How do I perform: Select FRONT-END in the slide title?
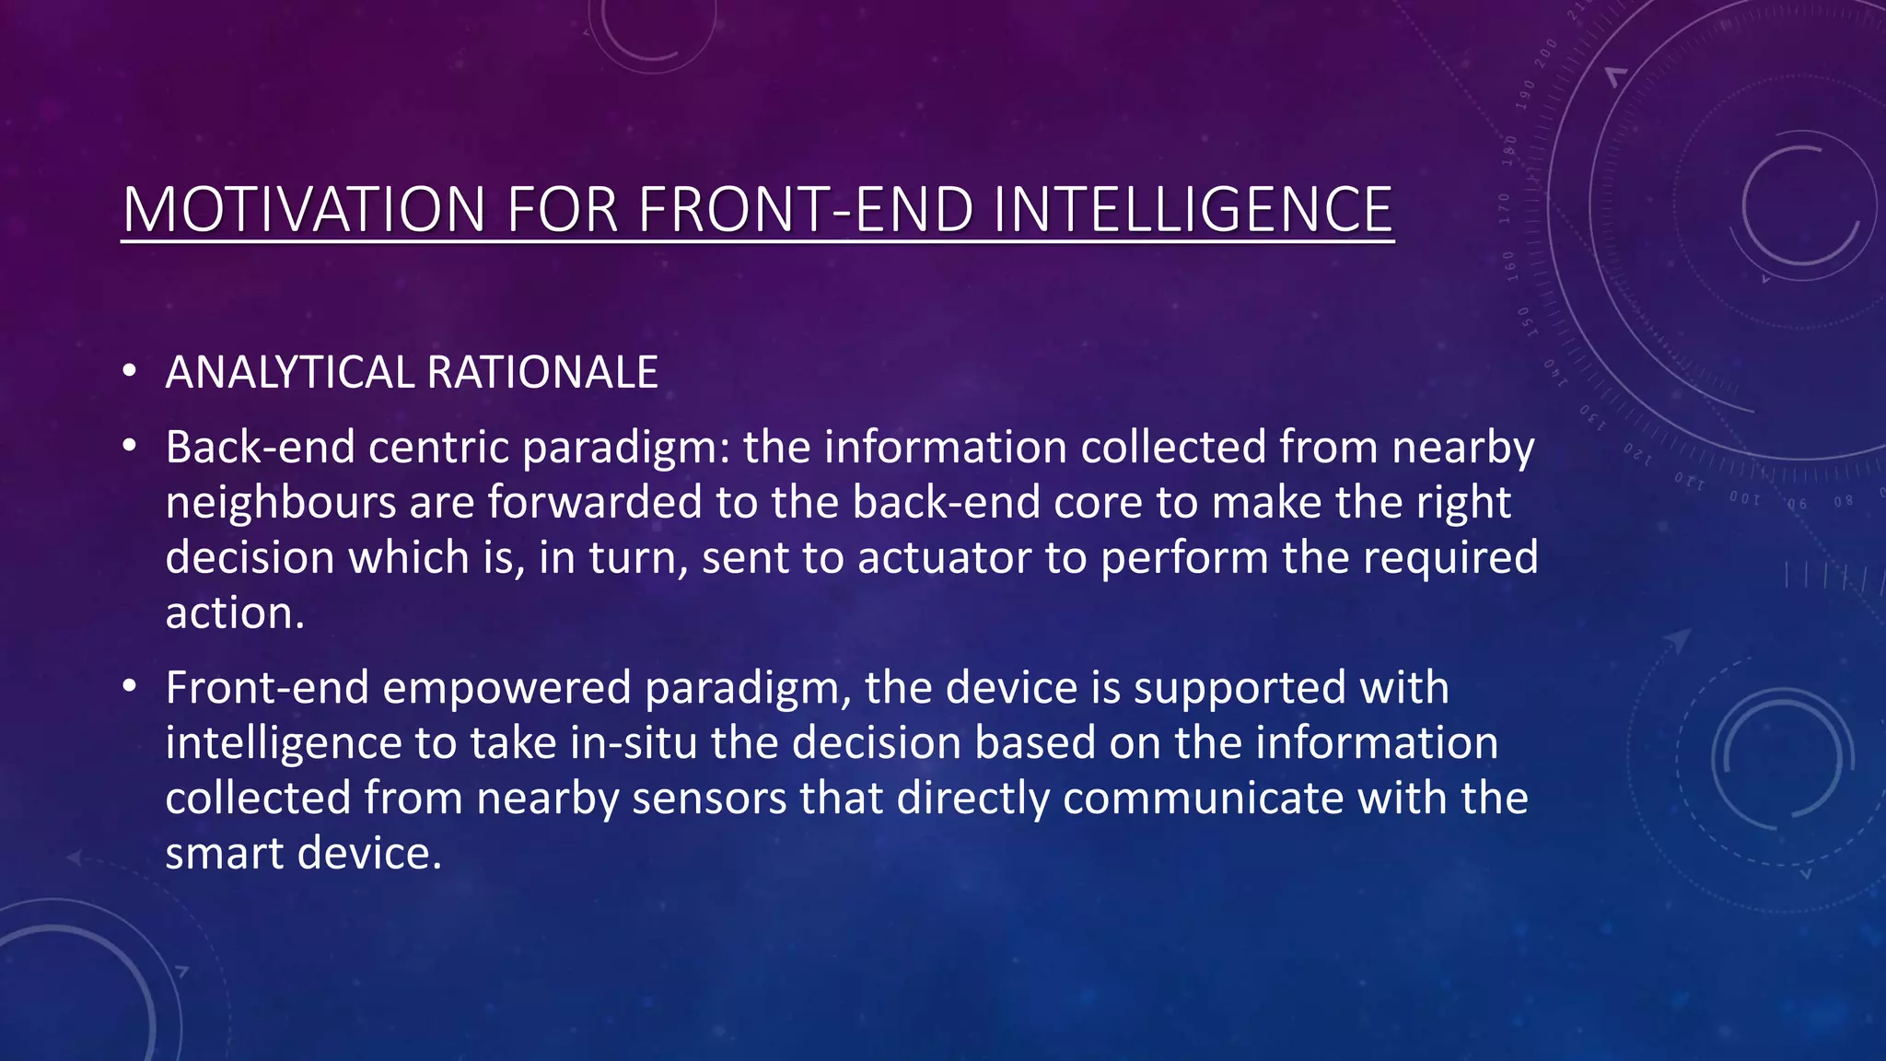click(805, 210)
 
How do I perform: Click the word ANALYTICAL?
click(289, 373)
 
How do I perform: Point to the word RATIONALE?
click(542, 373)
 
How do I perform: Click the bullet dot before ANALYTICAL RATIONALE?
click(129, 372)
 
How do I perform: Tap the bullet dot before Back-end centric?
click(129, 447)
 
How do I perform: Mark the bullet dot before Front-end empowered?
click(129, 687)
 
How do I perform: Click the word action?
click(234, 613)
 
